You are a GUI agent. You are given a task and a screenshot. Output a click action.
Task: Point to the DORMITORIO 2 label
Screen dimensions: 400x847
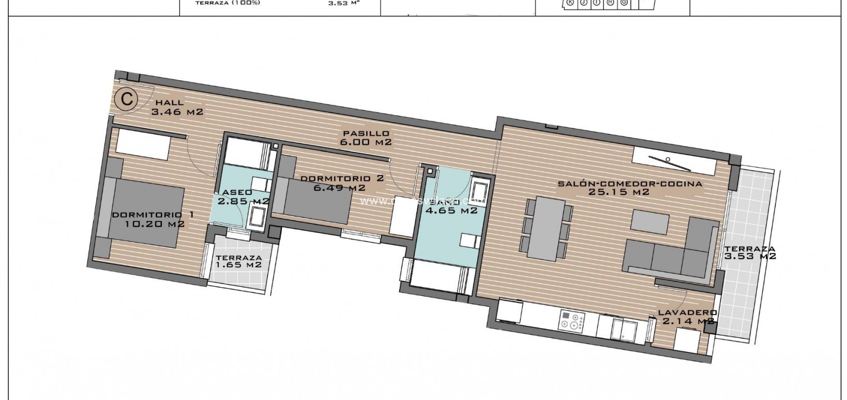pos(342,179)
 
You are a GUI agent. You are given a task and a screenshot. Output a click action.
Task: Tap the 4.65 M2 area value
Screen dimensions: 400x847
pos(450,211)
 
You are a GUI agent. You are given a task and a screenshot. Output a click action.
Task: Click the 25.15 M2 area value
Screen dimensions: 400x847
pos(619,192)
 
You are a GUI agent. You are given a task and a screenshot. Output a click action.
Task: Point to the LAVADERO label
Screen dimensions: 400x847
pos(687,313)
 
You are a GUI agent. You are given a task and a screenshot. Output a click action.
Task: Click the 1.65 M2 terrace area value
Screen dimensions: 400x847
pos(238,265)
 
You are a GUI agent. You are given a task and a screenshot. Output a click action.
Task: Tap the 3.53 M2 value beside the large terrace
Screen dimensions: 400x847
pos(750,256)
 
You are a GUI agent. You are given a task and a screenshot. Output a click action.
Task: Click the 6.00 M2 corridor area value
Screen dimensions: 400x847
pos(365,142)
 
